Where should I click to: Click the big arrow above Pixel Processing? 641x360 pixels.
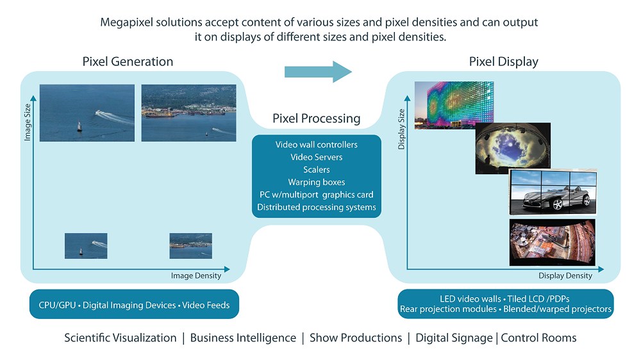tap(318, 72)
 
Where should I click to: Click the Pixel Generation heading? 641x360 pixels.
tap(128, 61)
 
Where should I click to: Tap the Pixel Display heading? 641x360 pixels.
tap(504, 61)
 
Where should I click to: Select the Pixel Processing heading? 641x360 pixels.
tap(317, 119)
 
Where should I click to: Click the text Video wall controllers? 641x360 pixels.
tap(317, 145)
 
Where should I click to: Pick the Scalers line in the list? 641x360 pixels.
tap(317, 170)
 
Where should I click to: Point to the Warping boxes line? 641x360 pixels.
tap(317, 183)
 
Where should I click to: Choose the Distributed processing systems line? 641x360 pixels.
tap(317, 207)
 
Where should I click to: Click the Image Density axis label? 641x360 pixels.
tap(196, 276)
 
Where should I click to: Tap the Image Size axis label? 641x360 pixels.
tap(28, 122)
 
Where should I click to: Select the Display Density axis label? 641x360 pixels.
tap(565, 276)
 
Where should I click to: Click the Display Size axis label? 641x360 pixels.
tap(401, 129)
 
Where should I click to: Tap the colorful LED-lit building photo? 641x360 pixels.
tap(454, 105)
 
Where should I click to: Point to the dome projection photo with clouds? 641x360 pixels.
tap(513, 149)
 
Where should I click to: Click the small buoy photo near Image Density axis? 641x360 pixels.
tap(86, 246)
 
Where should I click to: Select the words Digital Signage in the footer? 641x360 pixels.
tap(454, 338)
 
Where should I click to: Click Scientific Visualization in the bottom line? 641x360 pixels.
tap(121, 338)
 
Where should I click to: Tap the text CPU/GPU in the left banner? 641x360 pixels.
tap(57, 306)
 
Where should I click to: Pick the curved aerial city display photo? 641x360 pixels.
tap(553, 243)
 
